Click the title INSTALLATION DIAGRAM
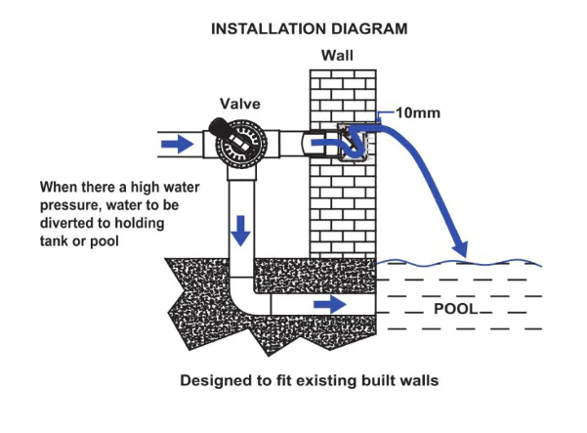(x=310, y=29)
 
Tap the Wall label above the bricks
(x=337, y=56)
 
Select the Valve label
(x=240, y=104)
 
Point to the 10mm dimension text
(x=418, y=112)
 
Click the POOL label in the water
(x=456, y=309)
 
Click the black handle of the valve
(x=219, y=127)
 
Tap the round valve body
(x=241, y=144)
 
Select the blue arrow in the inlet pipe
(x=178, y=144)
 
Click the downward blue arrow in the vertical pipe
(x=240, y=231)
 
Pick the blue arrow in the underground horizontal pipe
(x=330, y=304)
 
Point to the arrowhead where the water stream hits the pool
(x=460, y=248)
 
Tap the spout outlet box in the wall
(x=353, y=143)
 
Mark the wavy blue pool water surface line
(x=459, y=263)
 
